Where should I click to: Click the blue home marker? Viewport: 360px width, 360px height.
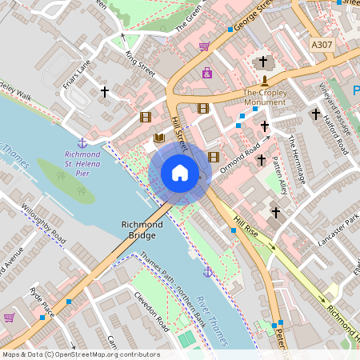[x=180, y=173]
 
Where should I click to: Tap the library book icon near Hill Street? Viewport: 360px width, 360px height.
[x=158, y=138]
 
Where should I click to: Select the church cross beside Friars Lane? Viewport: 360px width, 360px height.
[x=104, y=92]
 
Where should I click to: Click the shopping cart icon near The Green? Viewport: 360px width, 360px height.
[x=205, y=46]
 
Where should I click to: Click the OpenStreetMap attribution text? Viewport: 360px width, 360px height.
[x=81, y=354]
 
